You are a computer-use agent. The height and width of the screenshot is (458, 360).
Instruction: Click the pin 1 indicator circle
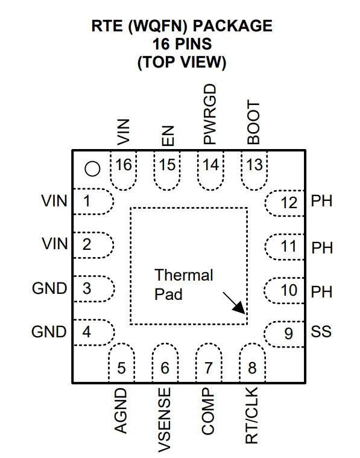[92, 169]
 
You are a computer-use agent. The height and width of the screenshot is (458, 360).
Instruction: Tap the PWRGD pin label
[210, 114]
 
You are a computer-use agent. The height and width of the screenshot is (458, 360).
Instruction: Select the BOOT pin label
[253, 122]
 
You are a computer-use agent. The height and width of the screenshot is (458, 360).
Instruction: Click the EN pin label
[168, 136]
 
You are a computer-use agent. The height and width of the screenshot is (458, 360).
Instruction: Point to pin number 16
[124, 165]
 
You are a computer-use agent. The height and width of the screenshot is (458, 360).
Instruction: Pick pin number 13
[254, 165]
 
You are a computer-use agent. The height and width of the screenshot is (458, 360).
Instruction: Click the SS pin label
[321, 331]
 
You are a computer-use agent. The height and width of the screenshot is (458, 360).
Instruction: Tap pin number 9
[288, 333]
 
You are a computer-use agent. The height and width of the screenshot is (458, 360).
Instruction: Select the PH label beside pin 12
[321, 201]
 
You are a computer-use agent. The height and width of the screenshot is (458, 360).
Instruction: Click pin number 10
[289, 290]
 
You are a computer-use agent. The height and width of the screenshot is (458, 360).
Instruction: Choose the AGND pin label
[121, 411]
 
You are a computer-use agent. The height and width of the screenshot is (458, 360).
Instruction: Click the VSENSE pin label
[165, 420]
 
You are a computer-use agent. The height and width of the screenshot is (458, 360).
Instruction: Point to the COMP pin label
[208, 411]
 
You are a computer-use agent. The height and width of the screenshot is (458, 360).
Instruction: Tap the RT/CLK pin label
[251, 416]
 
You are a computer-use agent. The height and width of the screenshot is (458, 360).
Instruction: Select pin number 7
[209, 367]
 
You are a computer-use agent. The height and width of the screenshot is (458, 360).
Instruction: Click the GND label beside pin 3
[49, 288]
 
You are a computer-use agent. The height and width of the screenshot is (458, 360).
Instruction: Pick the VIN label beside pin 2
[55, 244]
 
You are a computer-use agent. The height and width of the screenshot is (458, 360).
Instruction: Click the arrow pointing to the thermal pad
[234, 303]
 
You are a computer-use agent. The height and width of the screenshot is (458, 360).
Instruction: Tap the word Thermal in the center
[184, 275]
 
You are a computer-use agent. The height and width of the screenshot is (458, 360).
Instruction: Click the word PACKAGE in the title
[233, 26]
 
